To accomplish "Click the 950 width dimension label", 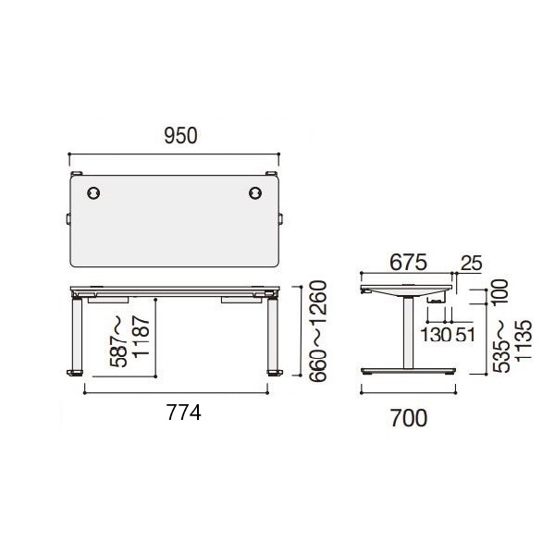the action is point(180,136).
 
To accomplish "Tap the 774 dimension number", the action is point(184,413).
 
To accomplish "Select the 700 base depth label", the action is point(409,418).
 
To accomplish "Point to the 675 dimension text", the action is point(409,263).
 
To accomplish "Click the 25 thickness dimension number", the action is point(472,264).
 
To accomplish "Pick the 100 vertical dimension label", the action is point(499,292).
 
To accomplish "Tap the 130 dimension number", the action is point(436,335).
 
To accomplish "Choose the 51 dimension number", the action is point(464,335).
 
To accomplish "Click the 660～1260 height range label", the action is point(317,331).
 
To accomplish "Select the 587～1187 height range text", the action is point(129,341).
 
